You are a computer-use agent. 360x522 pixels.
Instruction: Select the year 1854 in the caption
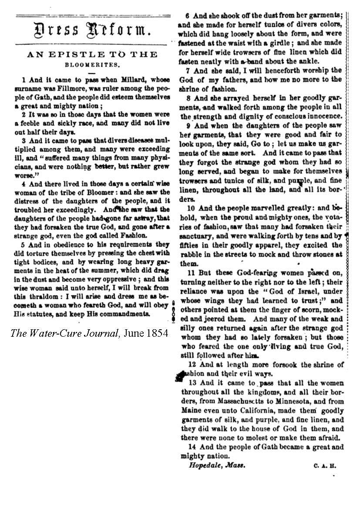(x=155, y=333)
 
